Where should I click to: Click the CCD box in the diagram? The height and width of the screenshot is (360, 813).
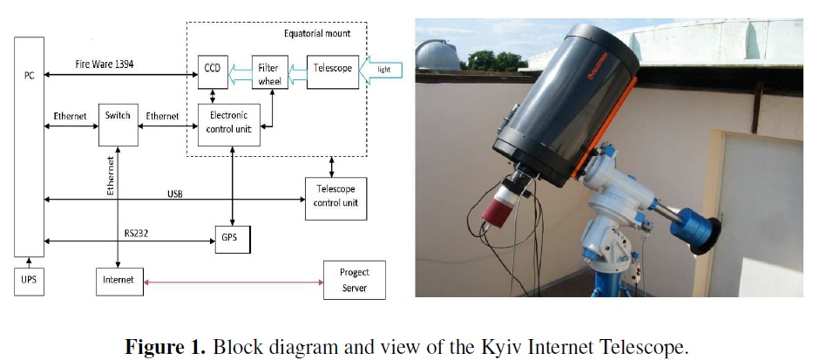[x=212, y=69]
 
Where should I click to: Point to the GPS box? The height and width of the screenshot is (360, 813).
[x=231, y=238]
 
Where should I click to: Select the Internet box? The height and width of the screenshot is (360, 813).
[x=119, y=281]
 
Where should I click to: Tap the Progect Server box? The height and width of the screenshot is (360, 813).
[x=354, y=280]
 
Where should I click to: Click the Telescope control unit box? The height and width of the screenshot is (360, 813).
[x=335, y=198]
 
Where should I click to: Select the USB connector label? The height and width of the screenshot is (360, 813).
[x=174, y=193]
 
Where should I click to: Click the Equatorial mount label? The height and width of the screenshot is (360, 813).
[x=317, y=33]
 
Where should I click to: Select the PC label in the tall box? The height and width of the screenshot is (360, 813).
[x=29, y=75]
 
